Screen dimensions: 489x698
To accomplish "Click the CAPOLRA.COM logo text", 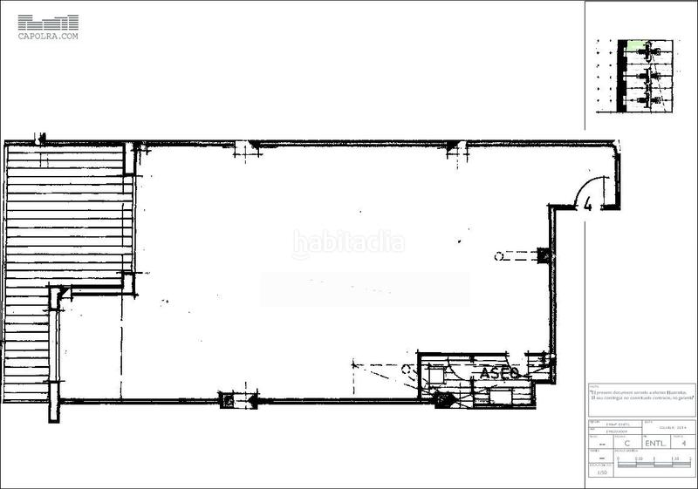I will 48,37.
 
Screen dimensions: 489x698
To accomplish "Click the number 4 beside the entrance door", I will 588,206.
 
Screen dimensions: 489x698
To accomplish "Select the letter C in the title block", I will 627,442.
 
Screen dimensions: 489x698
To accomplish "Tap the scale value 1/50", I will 600,472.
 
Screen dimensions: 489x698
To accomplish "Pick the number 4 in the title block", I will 683,442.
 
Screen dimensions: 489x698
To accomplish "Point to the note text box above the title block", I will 640,397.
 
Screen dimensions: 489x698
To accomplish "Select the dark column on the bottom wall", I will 229,400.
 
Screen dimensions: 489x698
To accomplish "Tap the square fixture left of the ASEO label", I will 435,375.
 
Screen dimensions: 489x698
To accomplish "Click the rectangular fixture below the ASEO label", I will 502,395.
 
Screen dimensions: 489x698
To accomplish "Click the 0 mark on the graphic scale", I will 618,458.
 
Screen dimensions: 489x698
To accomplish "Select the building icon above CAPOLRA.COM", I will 48,22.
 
